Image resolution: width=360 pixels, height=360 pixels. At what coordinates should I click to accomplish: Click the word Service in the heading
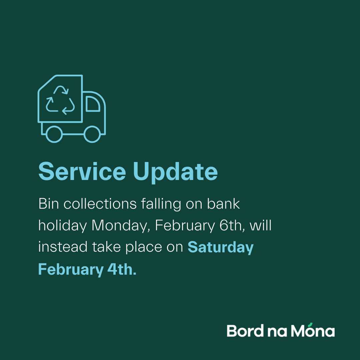point(82,171)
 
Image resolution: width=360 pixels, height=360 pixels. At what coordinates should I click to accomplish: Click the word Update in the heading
point(175,173)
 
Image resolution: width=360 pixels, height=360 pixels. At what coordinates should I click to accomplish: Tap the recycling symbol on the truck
point(60,100)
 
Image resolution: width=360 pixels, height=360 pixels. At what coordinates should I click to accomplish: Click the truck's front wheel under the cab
point(92,134)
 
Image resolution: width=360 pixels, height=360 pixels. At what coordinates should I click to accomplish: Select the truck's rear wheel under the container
point(54,134)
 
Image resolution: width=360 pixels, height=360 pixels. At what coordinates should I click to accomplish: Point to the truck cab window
point(93,104)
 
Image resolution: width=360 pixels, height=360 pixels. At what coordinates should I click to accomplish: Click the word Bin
point(48,204)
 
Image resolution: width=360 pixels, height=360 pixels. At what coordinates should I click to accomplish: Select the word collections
point(100,204)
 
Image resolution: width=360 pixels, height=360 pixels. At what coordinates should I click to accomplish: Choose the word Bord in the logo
point(245,331)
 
